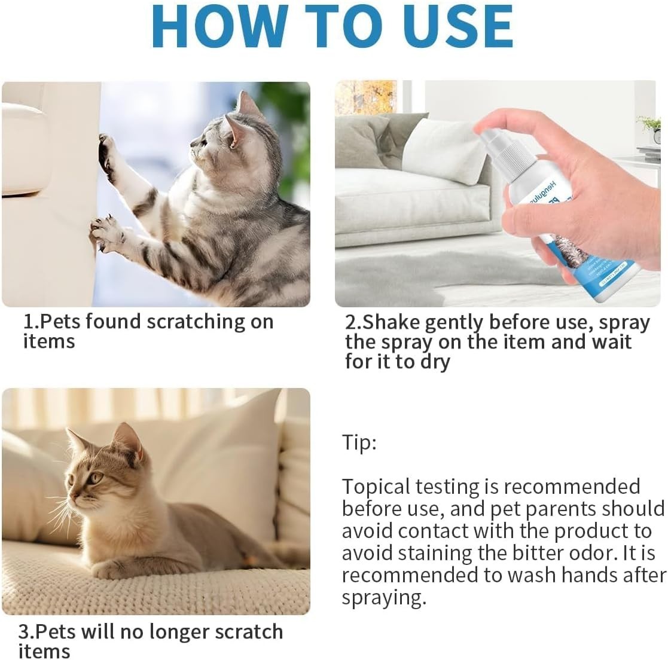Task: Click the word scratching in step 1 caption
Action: [x=197, y=322]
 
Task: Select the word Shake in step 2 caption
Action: [x=389, y=322]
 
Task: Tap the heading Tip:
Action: [x=359, y=443]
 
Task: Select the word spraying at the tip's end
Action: [x=382, y=597]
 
